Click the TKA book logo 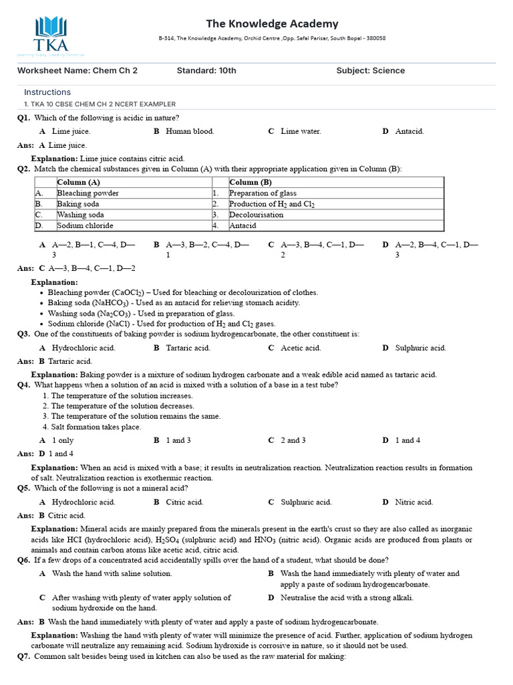pos(51,33)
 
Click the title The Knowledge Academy pos(272,23)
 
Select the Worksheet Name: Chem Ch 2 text pos(77,71)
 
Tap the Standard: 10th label pos(206,71)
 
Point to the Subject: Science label pos(370,71)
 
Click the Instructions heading pos(47,92)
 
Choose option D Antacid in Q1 pos(409,132)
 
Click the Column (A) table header pos(79,183)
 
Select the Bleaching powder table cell pos(88,193)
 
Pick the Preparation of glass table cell pos(263,193)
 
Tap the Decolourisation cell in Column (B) pos(256,215)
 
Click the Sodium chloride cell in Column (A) pos(85,225)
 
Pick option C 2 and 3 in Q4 pos(293,440)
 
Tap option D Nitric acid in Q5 pos(413,502)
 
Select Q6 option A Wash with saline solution pos(112,573)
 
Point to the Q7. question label pos(24,657)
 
